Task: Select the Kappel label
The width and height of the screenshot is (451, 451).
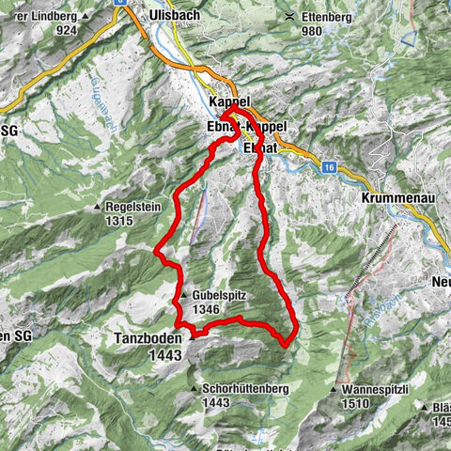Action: (x=229, y=101)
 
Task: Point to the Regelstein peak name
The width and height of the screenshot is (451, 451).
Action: (x=137, y=207)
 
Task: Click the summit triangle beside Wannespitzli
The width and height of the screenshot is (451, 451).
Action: (x=335, y=388)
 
